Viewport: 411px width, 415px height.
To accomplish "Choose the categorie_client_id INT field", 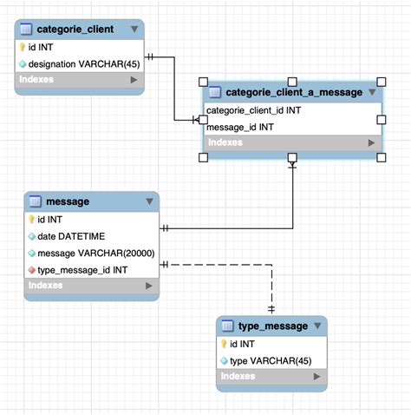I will (253, 110).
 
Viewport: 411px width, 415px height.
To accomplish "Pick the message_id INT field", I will (240, 127).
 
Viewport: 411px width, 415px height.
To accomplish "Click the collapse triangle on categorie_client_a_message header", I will (371, 92).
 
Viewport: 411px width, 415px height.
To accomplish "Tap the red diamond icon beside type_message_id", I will (31, 269).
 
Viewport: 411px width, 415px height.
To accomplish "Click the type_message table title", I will (273, 326).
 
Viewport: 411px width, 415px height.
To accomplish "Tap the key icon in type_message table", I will (224, 344).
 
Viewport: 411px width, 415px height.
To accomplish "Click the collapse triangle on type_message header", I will (318, 326).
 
